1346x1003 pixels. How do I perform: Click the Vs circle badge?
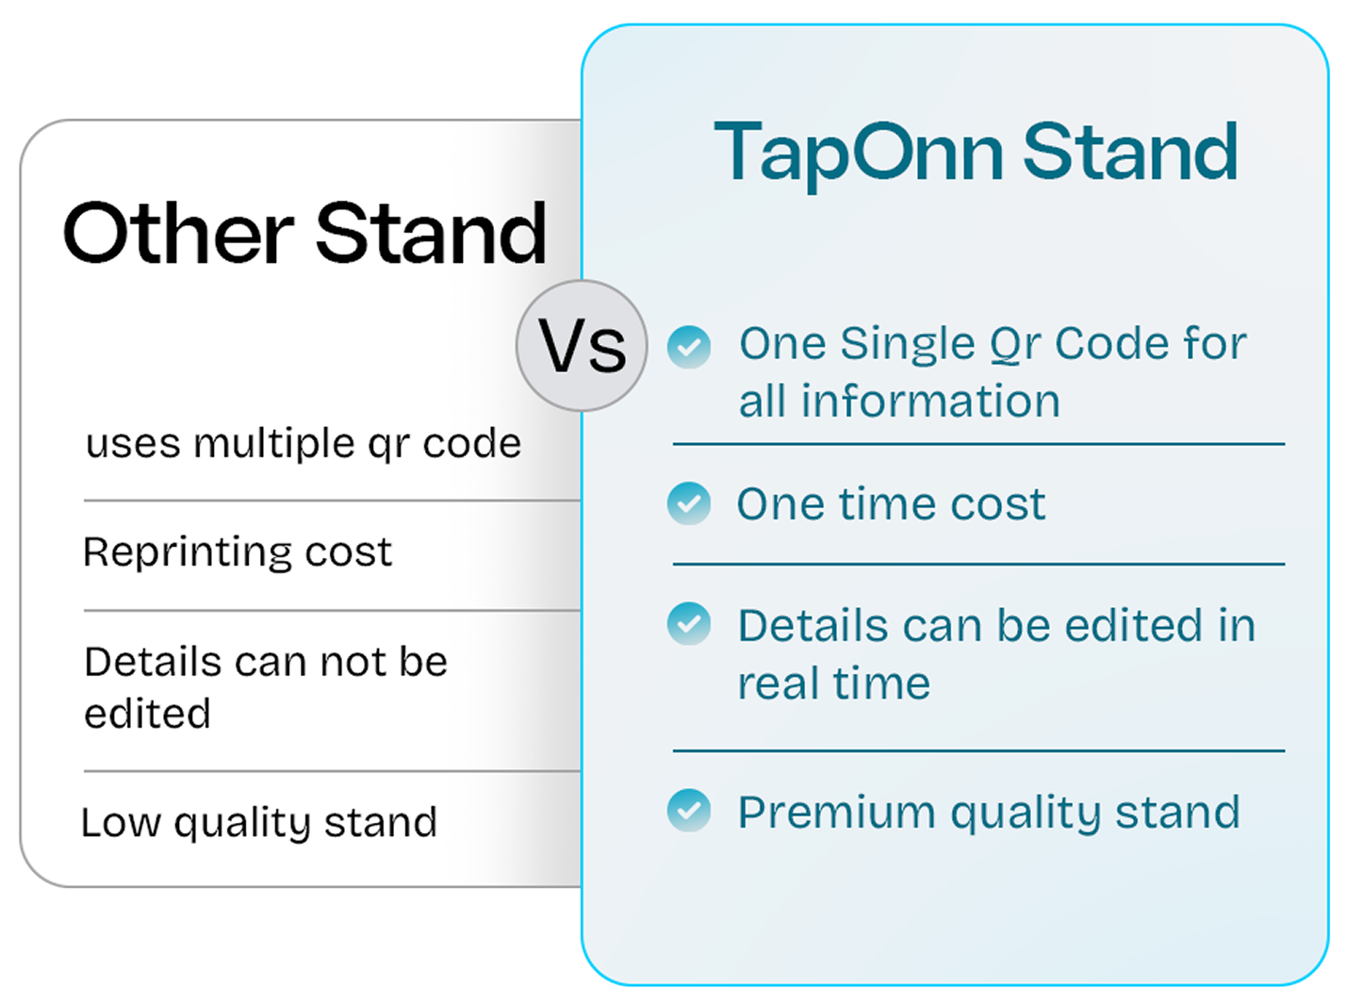582,346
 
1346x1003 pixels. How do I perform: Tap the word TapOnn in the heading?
858,155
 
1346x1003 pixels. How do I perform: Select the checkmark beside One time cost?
689,503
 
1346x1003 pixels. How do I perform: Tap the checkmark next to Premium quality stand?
689,811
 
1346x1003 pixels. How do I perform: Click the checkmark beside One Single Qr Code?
689,347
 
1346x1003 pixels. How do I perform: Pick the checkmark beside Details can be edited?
689,623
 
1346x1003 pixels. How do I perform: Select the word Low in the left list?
122,823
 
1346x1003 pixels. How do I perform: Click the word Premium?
836,813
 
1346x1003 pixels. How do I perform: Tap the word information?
930,401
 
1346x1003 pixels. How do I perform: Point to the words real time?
834,683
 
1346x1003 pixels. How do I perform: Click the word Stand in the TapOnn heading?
1130,151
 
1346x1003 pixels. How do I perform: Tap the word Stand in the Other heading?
431,233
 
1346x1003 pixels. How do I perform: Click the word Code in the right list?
1112,344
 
